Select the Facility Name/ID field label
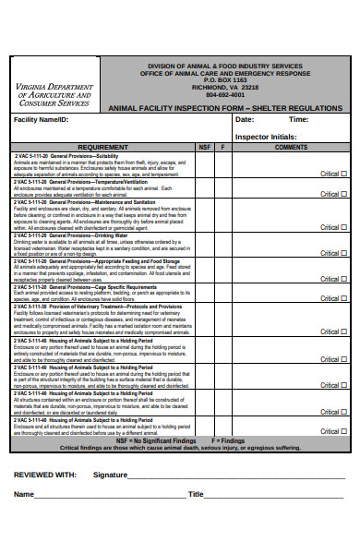click(42, 120)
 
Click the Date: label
click(244, 120)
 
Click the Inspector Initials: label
click(267, 137)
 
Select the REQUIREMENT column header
click(102, 147)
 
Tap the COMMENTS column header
click(291, 147)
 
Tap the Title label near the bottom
click(196, 494)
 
